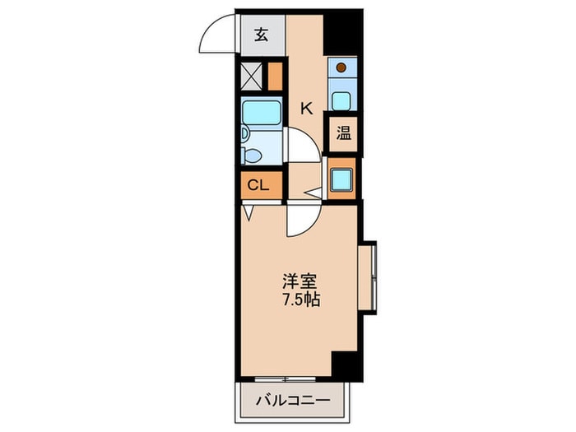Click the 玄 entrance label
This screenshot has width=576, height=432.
(x=261, y=35)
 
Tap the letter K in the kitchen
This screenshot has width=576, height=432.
(x=305, y=107)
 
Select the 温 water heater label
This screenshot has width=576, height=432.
(x=342, y=133)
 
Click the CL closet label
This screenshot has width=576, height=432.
(x=258, y=185)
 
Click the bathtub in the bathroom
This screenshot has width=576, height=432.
(x=261, y=111)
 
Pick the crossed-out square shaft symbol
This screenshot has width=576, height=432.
(x=252, y=76)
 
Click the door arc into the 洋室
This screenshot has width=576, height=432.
(x=300, y=220)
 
